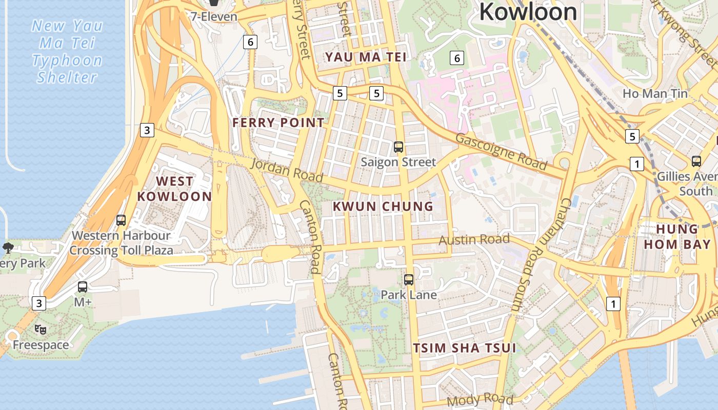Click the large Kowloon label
click(x=528, y=12)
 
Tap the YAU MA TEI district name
click(x=366, y=57)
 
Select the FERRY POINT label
click(x=278, y=122)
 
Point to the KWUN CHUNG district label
click(x=383, y=207)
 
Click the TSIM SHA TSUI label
click(x=465, y=348)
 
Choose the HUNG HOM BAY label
click(x=677, y=236)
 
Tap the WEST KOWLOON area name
click(x=174, y=189)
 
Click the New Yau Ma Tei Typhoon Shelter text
click(x=67, y=51)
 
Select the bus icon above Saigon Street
click(x=398, y=148)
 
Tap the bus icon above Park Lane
click(x=409, y=280)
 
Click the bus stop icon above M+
click(x=83, y=287)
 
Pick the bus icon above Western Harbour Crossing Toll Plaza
click(x=121, y=220)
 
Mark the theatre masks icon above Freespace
click(x=41, y=330)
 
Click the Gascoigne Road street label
click(x=501, y=151)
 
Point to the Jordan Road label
click(x=287, y=170)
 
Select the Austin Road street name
click(x=474, y=239)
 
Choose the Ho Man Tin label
click(x=655, y=93)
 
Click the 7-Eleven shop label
click(x=214, y=16)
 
